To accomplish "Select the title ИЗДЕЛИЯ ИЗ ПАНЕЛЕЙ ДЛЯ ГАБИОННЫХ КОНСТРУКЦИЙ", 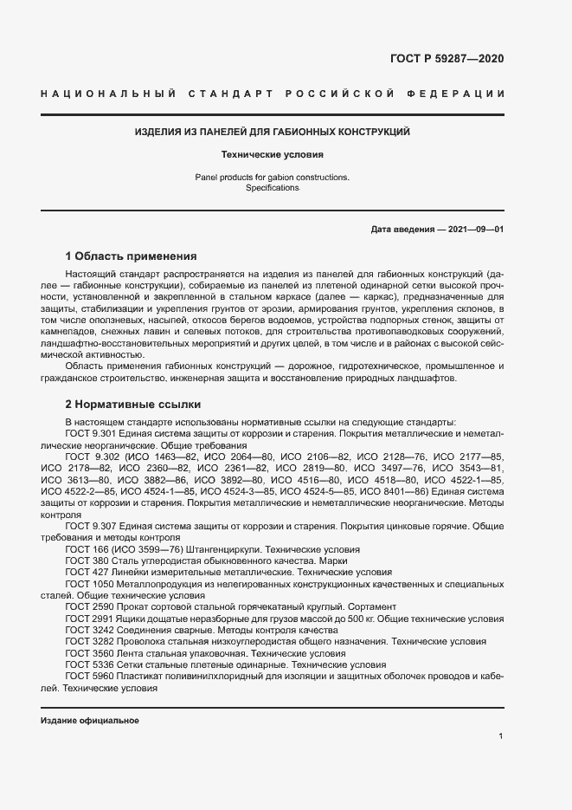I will [x=272, y=133].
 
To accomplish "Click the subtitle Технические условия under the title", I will [x=272, y=156].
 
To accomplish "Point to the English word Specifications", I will [x=272, y=188].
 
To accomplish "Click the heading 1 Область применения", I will [x=132, y=256].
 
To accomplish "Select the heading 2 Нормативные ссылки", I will [x=133, y=405].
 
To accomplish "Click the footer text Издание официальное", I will [x=90, y=721].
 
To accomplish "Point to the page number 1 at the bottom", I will [x=501, y=736].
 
